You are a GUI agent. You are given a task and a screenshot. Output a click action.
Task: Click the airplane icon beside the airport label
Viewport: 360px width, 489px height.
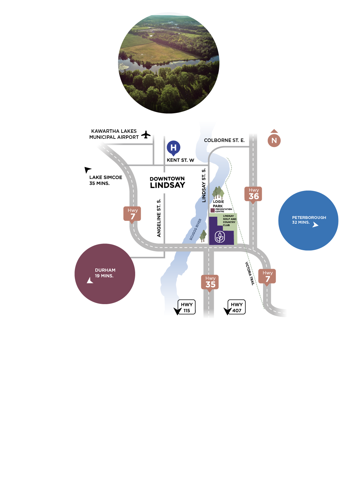pos(146,135)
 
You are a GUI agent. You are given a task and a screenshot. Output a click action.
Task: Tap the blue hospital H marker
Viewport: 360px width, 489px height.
pos(173,147)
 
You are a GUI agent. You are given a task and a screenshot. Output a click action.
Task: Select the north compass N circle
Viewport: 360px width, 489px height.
pos(274,140)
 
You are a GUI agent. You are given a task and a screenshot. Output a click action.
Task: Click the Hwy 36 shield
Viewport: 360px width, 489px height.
pos(253,194)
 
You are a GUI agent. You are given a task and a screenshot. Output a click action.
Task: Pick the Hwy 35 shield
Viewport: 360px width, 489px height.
pos(210,282)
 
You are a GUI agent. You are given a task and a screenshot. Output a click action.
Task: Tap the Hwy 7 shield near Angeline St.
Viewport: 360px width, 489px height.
pos(132,214)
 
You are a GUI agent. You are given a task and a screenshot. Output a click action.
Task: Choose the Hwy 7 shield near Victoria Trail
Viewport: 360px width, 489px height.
pos(267,277)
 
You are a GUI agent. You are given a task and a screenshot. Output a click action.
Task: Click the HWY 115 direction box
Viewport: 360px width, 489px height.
pos(187,307)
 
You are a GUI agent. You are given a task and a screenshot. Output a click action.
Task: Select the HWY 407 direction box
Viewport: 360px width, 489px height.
pos(237,307)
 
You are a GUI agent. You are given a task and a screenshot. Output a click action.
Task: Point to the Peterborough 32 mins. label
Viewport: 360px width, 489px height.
pos(309,220)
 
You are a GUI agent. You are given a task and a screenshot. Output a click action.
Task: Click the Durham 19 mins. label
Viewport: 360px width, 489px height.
pos(105,273)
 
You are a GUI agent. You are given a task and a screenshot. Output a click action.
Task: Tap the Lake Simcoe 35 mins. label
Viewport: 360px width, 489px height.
pos(105,180)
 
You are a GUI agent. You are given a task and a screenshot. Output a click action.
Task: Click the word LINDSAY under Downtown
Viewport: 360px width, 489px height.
pos(167,186)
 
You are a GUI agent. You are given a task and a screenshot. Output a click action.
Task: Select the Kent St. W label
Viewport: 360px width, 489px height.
pos(180,160)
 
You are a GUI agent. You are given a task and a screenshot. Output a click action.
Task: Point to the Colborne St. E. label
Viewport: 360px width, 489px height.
pos(224,140)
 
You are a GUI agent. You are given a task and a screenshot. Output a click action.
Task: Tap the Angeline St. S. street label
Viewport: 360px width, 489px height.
pos(159,218)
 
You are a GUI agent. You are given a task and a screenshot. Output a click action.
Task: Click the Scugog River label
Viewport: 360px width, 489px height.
pos(195,229)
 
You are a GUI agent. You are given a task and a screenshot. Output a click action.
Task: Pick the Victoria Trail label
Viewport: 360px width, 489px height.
pos(250,274)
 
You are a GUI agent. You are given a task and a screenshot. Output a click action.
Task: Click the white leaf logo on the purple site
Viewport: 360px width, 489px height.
pos(220,237)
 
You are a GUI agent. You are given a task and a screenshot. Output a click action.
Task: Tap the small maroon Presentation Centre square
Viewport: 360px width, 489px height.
pos(213,210)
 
